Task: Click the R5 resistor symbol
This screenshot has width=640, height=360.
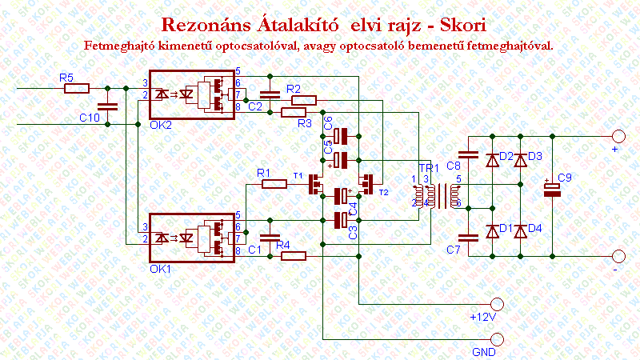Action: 77,88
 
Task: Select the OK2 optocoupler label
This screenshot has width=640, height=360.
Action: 162,125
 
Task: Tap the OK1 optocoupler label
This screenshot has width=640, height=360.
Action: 162,268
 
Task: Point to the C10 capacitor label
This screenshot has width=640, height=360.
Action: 90,118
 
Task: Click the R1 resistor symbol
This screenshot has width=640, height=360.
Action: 274,185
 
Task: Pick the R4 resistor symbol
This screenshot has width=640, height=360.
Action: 294,256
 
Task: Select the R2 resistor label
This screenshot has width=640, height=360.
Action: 293,89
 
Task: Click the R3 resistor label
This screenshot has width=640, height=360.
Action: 302,124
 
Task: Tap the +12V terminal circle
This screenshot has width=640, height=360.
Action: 498,304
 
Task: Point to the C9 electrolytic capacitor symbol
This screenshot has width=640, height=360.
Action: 553,189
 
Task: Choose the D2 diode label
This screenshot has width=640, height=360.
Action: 506,156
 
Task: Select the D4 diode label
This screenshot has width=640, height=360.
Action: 534,228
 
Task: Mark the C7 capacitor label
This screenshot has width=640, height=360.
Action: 454,250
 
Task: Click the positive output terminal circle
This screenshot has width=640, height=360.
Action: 618,136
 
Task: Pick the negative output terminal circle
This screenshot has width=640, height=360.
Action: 618,256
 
